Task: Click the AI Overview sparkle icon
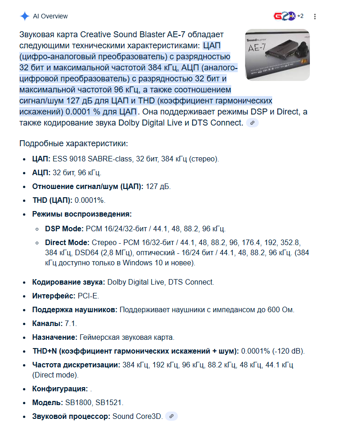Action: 24,16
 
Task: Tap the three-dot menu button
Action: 315,17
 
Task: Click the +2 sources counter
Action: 300,16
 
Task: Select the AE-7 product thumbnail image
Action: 277,55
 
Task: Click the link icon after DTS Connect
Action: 252,123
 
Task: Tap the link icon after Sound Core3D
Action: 171,416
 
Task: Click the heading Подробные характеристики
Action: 74,143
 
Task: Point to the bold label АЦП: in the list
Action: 41,173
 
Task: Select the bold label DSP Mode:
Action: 64,229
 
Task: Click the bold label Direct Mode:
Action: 67,242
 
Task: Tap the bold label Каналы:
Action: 47,323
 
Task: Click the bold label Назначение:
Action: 55,337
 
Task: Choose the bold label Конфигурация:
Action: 60,389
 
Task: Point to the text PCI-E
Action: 83,296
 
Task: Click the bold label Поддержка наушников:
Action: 75,310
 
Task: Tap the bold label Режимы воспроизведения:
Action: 82,214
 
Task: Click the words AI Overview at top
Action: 50,16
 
